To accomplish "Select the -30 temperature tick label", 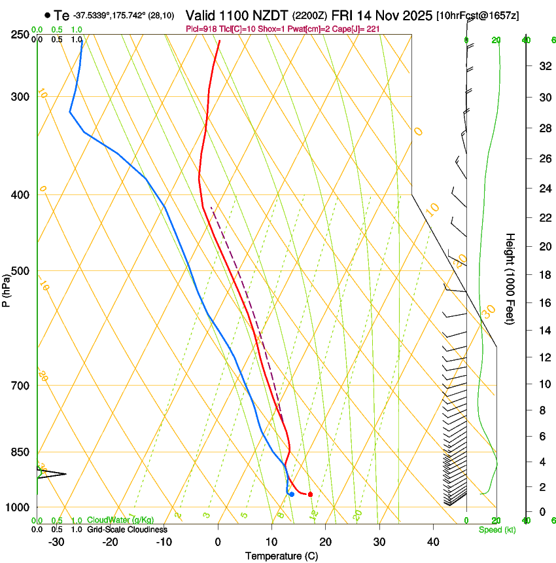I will coord(56,541).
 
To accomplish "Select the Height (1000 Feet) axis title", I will coord(510,278).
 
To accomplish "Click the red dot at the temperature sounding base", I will coord(310,494).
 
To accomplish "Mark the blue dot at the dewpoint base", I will coord(291,494).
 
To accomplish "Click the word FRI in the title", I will coord(343,15).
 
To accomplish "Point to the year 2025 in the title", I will coord(413,15).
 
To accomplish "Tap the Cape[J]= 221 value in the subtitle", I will coord(358,29).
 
